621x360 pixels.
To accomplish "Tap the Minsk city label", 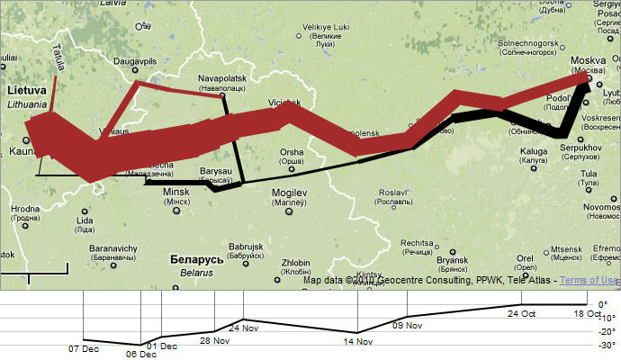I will pyautogui.click(x=175, y=192).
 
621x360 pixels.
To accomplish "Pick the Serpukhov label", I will pyautogui.click(x=575, y=147).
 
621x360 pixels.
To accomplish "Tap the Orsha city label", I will pyautogui.click(x=292, y=152).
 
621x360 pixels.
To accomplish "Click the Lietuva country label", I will pyautogui.click(x=26, y=91).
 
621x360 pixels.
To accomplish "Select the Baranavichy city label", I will pyautogui.click(x=112, y=247).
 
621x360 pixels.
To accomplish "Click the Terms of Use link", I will pyautogui.click(x=589, y=281).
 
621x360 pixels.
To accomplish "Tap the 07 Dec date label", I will pyautogui.click(x=84, y=348).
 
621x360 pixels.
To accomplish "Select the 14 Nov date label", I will pyautogui.click(x=357, y=341).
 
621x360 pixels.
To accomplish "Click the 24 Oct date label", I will pyautogui.click(x=521, y=313).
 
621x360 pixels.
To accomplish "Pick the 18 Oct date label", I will pyautogui.click(x=587, y=313).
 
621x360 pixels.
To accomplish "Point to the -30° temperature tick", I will pyautogui.click(x=607, y=345).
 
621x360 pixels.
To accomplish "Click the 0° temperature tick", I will pyautogui.click(x=603, y=304).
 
